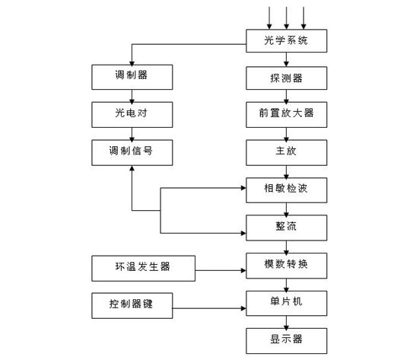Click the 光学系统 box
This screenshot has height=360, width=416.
click(x=286, y=40)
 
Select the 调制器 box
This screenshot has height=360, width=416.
click(x=132, y=77)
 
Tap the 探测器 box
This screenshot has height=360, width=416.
click(x=286, y=78)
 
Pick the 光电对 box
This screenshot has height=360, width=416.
click(x=132, y=115)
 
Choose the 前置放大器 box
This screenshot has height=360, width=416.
click(x=286, y=115)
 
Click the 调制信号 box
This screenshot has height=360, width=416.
click(x=132, y=153)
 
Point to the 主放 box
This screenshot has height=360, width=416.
click(x=286, y=153)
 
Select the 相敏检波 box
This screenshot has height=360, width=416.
click(x=286, y=190)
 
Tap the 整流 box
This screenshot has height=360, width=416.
click(x=286, y=228)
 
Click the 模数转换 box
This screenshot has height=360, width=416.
click(x=286, y=266)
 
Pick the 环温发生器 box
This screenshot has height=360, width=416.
click(x=143, y=269)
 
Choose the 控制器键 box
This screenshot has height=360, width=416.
click(x=132, y=305)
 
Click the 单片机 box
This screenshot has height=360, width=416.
click(x=286, y=303)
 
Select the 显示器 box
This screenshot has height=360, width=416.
click(x=286, y=341)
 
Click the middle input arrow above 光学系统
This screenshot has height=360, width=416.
click(x=286, y=18)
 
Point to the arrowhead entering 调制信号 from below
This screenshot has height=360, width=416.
click(x=132, y=168)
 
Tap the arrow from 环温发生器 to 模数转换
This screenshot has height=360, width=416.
click(x=221, y=270)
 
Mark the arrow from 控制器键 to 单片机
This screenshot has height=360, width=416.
click(x=209, y=308)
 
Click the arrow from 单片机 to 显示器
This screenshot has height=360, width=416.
click(x=286, y=322)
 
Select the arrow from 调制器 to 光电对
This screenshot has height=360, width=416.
click(x=132, y=96)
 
